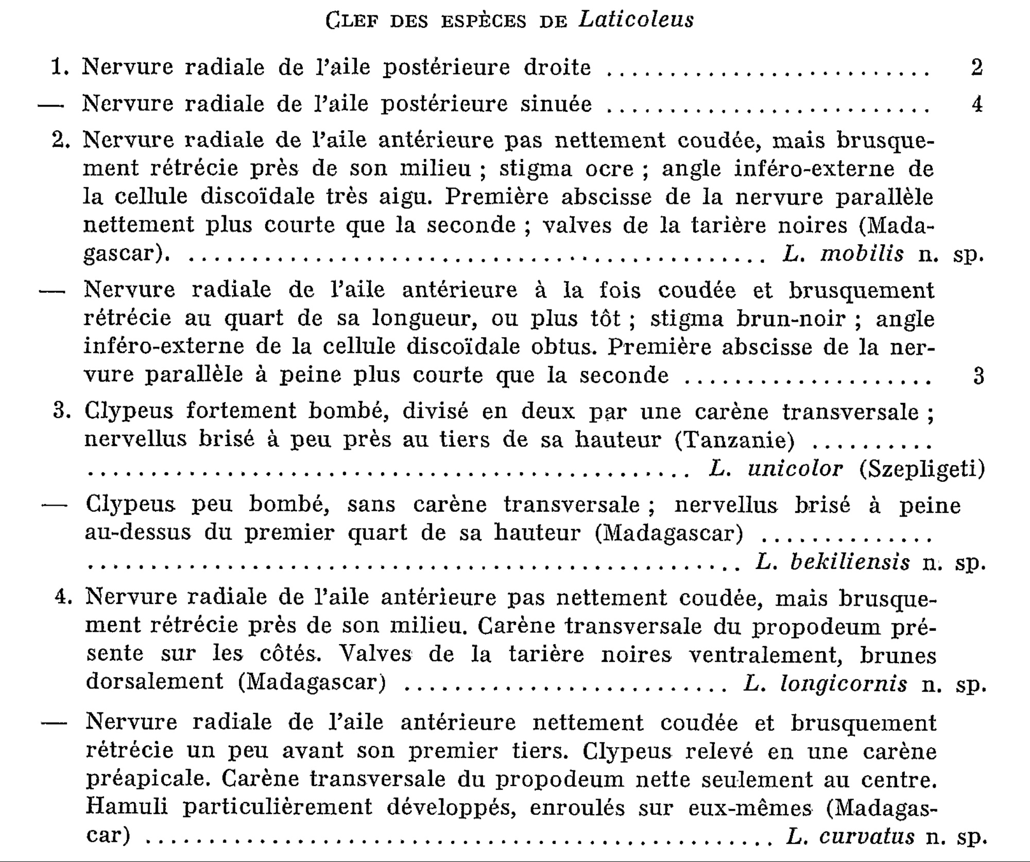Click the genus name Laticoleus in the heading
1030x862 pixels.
[x=636, y=21]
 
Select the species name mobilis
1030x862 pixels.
[x=862, y=254]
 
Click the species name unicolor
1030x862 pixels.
[x=795, y=469]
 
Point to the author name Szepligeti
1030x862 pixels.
[x=922, y=469]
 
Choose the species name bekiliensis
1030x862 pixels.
[x=850, y=562]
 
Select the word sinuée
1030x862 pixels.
[x=556, y=104]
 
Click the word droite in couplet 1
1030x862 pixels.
[x=557, y=67]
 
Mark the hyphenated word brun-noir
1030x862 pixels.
[x=791, y=319]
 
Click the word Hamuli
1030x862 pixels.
[x=127, y=806]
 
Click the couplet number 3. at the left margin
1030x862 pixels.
[x=62, y=412]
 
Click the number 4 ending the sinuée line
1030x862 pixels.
[x=977, y=105]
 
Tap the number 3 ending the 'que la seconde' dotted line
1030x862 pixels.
[x=978, y=376]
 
